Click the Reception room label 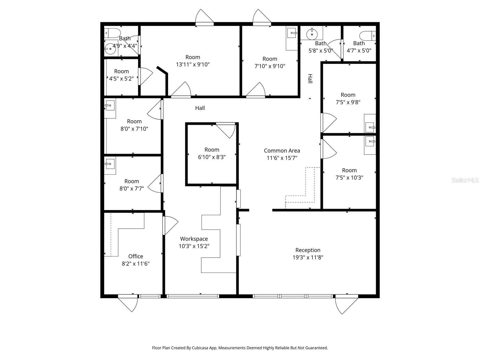point(308,250)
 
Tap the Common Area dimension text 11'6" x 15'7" point(282,158)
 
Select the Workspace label point(194,239)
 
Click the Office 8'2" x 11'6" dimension point(136,264)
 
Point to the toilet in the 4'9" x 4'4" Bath point(113,32)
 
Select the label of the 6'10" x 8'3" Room point(212,150)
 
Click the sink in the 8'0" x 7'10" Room point(110,106)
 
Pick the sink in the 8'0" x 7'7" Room point(110,164)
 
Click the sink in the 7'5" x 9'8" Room point(370,127)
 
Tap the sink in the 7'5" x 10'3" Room point(370,141)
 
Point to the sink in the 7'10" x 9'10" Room point(292,33)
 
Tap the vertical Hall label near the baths point(310,79)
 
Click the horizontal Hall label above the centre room point(200,108)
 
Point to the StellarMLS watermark point(465,180)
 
